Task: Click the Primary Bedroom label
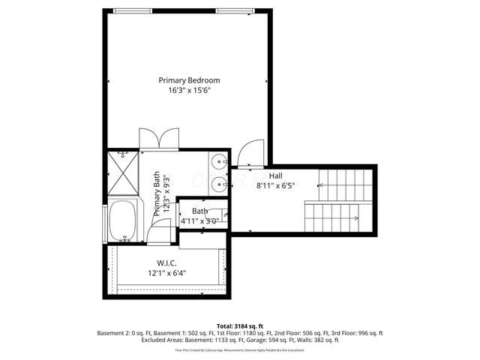tap(188, 79)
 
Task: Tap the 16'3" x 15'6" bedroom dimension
tap(188, 91)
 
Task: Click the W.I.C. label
tap(166, 263)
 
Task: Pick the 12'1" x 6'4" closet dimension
tap(166, 273)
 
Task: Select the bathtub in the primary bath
tap(121, 221)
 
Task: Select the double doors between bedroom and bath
tap(158, 139)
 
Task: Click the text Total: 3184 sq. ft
tap(239, 325)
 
